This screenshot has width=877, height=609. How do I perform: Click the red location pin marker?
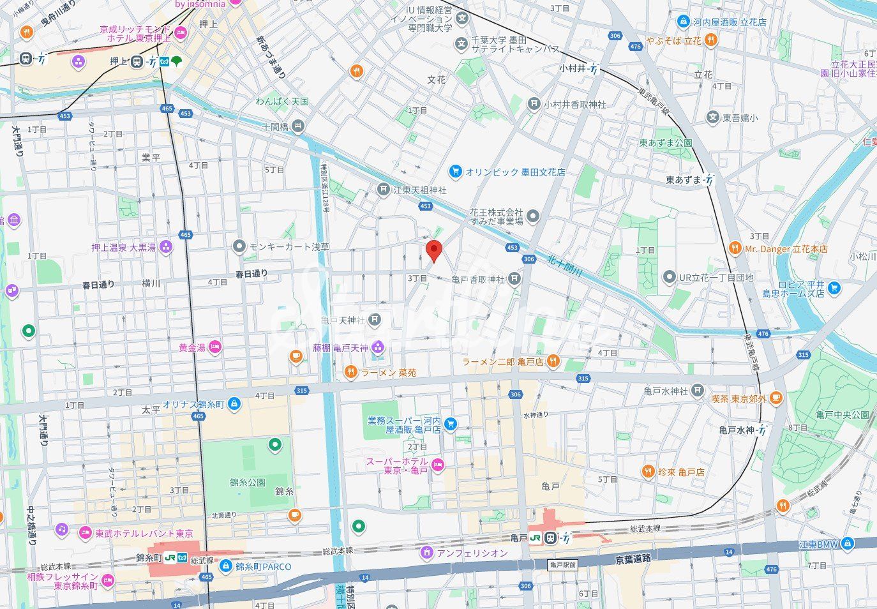click(434, 251)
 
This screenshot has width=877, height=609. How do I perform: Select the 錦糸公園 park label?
click(248, 483)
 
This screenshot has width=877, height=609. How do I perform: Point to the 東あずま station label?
click(684, 181)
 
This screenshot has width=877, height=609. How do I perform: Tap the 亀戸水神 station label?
click(737, 430)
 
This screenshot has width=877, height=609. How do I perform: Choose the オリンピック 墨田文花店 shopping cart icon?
click(455, 172)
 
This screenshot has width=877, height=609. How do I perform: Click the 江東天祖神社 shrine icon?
click(383, 190)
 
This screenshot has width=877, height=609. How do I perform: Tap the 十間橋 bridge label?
click(276, 127)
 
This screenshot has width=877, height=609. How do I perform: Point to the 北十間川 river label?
click(566, 266)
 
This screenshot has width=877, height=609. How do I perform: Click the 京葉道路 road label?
click(633, 559)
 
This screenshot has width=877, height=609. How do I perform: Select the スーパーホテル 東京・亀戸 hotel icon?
click(438, 464)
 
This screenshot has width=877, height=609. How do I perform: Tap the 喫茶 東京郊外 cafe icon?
click(776, 398)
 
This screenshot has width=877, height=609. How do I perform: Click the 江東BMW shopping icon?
click(848, 544)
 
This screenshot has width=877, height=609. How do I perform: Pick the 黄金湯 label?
click(191, 348)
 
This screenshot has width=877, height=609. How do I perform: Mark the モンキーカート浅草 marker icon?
click(239, 246)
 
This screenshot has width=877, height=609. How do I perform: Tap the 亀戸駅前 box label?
click(562, 565)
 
